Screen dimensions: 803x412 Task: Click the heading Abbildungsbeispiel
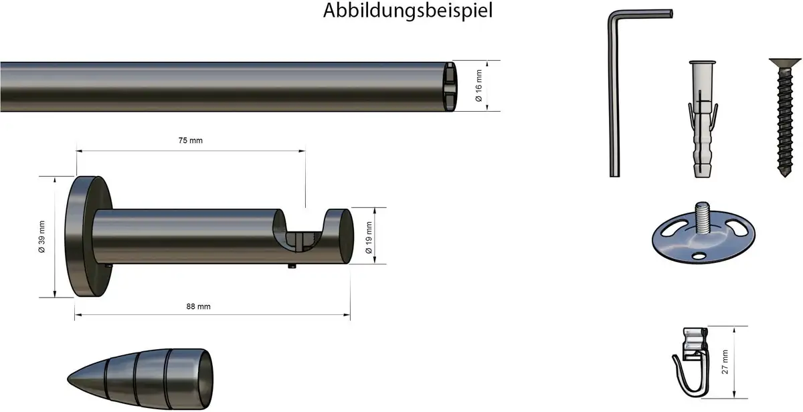point(408,11)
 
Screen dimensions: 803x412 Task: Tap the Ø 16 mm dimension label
point(478,86)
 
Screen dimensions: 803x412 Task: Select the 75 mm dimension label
point(190,140)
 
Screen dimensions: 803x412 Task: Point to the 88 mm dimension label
point(198,306)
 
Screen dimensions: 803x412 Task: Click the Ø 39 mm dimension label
point(42,237)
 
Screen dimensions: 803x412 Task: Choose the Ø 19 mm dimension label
point(369,237)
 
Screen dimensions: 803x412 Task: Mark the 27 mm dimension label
point(725,362)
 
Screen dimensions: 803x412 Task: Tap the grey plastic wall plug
point(702,119)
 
